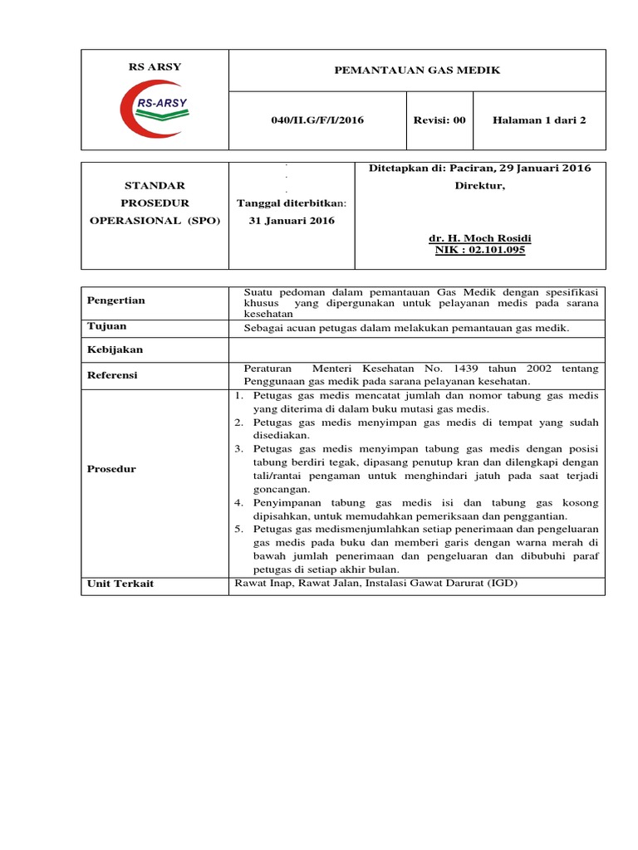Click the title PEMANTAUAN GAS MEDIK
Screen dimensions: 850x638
[417, 71]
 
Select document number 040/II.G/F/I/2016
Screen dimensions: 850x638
[317, 120]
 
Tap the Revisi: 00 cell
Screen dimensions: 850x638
[439, 120]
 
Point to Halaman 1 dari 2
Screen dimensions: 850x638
[539, 120]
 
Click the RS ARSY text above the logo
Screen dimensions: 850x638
[155, 67]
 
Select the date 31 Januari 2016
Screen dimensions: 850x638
[292, 221]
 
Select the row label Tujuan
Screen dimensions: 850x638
[107, 326]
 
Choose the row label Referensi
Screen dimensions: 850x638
[113, 375]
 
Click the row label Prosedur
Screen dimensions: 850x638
[111, 469]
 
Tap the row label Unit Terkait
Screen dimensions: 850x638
[120, 584]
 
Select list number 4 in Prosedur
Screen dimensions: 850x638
[238, 504]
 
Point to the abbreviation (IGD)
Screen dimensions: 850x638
[500, 584]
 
